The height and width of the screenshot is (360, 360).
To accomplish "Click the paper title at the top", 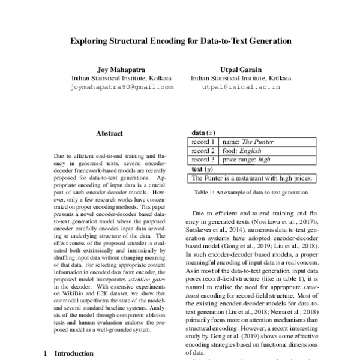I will (181, 42).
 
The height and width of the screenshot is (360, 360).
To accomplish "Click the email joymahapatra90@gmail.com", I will (122, 87).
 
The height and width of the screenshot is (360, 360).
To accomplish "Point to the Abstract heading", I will (109, 134).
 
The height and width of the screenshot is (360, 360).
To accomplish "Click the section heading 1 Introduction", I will (68, 353).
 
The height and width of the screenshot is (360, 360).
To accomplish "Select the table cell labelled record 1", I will (204, 142).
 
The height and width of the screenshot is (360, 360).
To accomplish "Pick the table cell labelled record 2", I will (204, 151).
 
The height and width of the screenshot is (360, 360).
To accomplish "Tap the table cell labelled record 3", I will (204, 160).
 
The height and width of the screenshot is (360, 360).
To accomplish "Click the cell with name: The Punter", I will (248, 142).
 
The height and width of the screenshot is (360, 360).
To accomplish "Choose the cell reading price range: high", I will (247, 160).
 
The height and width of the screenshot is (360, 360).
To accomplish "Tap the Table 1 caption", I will (252, 193).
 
